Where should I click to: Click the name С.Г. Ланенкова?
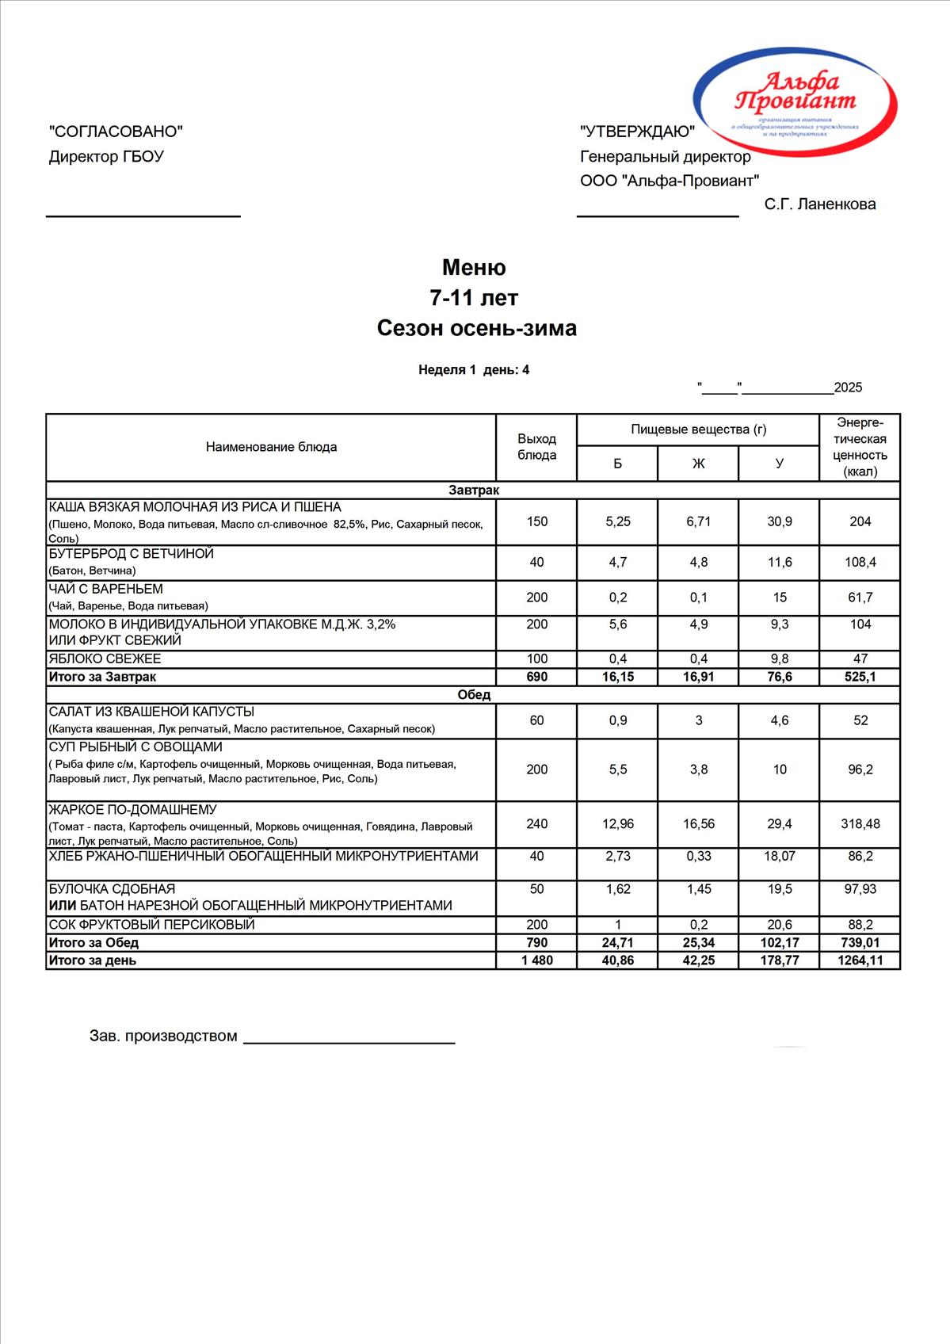[819, 204]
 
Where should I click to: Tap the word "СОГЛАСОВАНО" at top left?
[116, 132]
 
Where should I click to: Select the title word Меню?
[474, 267]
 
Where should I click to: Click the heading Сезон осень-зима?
[476, 328]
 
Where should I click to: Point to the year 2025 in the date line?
[848, 388]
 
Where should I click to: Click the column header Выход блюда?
[536, 447]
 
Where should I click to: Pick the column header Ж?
[698, 464]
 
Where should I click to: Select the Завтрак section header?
[474, 490]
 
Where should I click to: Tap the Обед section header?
[474, 694]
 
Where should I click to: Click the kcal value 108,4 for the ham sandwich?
[860, 562]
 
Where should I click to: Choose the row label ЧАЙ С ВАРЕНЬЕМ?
[106, 589]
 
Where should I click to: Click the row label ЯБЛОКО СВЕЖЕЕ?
[105, 659]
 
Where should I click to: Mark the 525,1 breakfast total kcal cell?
[860, 677]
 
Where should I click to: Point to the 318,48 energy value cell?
[860, 824]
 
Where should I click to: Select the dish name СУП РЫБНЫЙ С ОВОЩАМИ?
[135, 746]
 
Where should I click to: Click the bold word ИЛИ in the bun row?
[62, 905]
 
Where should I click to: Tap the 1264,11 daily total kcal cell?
[860, 960]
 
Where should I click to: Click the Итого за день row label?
[93, 960]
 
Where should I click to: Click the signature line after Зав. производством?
[349, 1041]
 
